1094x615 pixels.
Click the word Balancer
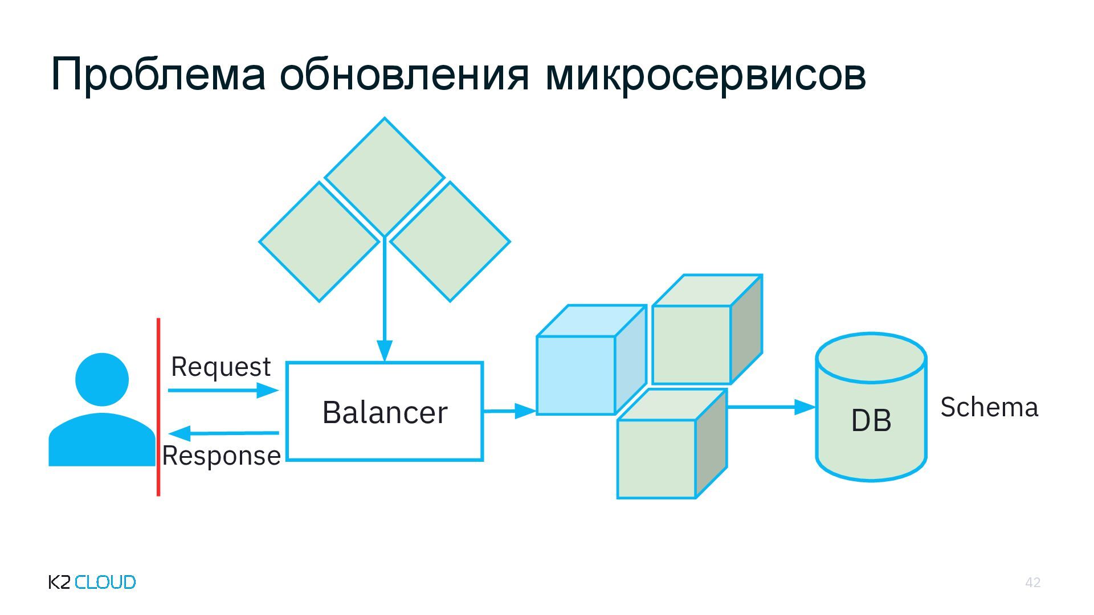point(385,412)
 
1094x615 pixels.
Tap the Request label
point(221,367)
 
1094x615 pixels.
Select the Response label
point(221,456)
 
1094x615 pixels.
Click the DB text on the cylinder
point(871,421)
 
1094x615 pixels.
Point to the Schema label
point(989,408)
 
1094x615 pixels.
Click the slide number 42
point(1032,582)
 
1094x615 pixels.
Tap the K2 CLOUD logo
point(92,582)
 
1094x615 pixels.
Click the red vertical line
point(158,407)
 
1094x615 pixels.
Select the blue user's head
point(102,379)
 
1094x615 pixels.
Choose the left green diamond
point(319,241)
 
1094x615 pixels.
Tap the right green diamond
point(450,241)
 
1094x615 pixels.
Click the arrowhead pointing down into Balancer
point(385,350)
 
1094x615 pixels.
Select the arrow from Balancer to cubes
point(509,411)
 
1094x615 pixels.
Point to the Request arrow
point(223,390)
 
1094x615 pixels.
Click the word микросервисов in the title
point(705,74)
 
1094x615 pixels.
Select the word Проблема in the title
point(158,74)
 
